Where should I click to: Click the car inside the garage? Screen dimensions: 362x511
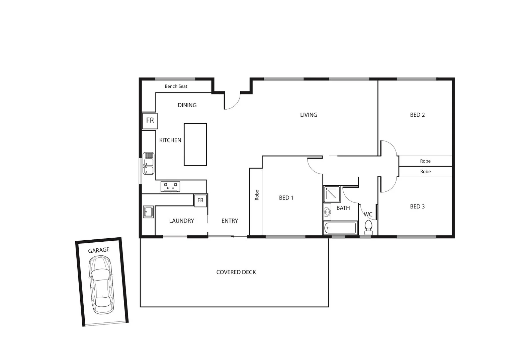coord(101,285)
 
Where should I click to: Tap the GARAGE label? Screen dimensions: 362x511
coord(99,250)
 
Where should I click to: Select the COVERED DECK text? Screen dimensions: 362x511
coord(236,272)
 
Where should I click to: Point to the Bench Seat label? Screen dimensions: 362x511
coord(176,86)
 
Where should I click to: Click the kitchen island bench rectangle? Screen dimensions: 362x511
coord(195,144)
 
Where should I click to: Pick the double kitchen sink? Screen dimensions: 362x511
coord(148,163)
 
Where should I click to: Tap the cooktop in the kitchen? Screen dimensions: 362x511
coord(170,186)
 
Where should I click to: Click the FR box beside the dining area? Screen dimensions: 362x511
coord(150,121)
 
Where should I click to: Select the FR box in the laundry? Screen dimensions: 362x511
coord(200,200)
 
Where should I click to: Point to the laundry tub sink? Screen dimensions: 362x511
coord(148,212)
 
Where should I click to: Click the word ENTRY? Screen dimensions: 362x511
coord(230,221)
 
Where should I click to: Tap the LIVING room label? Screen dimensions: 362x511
coord(308,115)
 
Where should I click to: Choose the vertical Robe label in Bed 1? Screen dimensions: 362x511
coord(257,195)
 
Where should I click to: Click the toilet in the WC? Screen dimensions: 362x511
coord(368,227)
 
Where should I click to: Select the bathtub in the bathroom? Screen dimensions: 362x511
coord(340,228)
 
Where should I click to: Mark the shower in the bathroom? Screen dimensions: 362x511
coord(332,194)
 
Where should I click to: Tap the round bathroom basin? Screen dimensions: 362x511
coord(327,212)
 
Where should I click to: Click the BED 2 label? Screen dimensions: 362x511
coord(417,115)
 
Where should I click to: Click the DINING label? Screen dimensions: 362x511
coord(187,105)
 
